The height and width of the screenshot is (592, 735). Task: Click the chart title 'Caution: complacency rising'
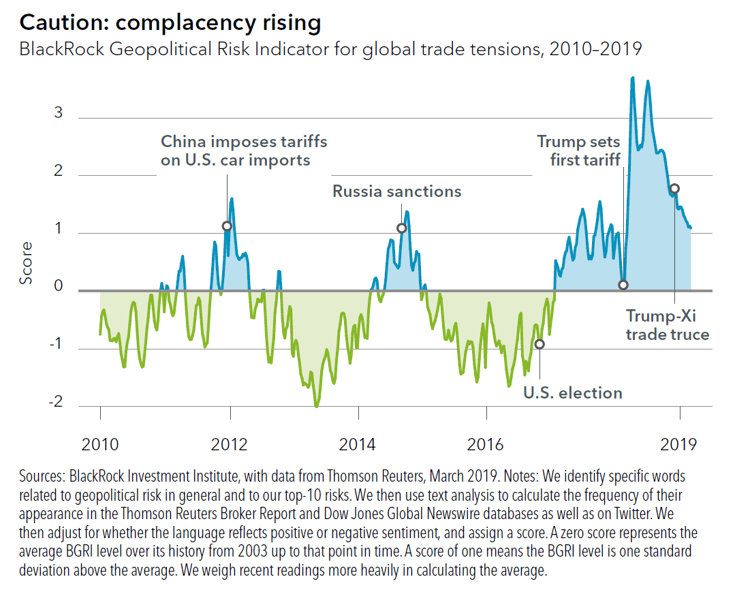click(x=170, y=22)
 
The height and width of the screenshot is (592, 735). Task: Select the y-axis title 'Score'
click(x=26, y=262)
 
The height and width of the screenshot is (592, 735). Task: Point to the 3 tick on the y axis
click(x=59, y=112)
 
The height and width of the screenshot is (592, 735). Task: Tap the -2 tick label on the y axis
click(x=56, y=402)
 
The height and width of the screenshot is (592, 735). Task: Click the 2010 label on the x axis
click(x=100, y=446)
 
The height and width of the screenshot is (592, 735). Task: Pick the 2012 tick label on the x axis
click(x=230, y=446)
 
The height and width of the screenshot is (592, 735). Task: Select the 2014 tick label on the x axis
click(x=358, y=446)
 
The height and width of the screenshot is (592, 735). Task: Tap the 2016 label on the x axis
click(x=486, y=446)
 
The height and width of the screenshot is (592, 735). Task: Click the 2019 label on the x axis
click(x=678, y=446)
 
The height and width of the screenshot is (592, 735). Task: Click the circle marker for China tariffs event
click(x=227, y=226)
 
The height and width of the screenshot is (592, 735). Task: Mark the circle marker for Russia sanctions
click(x=401, y=228)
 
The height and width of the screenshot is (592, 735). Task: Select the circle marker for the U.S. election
click(x=539, y=344)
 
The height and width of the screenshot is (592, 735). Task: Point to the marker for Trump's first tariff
click(x=623, y=285)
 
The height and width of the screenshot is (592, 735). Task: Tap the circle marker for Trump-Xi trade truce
click(x=674, y=189)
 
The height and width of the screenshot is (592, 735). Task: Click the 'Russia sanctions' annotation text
click(x=396, y=191)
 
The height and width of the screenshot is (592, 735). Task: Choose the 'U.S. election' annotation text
click(x=572, y=393)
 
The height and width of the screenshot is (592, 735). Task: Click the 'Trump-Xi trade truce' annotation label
click(x=668, y=325)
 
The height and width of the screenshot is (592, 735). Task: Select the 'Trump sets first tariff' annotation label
click(x=578, y=151)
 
